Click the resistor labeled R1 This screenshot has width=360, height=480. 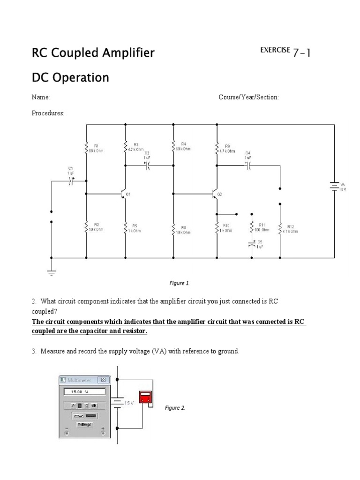point(87,148)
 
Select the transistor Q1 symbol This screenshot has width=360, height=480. point(122,194)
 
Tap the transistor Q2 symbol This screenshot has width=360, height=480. point(214,194)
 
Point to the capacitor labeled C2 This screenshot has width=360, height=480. point(147,165)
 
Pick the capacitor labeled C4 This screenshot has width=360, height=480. point(248,165)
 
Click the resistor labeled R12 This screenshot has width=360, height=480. point(280,229)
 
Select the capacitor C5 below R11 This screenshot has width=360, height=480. point(252,244)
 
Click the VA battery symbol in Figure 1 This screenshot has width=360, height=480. point(334,187)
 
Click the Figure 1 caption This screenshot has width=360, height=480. point(180,283)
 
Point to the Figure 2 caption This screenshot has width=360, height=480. point(175,408)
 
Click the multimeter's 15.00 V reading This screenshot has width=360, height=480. point(82,391)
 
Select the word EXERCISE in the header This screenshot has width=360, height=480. point(275,50)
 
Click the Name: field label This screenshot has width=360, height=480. point(41,97)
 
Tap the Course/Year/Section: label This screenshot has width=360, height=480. point(248,97)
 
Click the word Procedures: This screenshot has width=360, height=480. point(48,113)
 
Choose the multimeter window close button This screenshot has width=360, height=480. point(104,380)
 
